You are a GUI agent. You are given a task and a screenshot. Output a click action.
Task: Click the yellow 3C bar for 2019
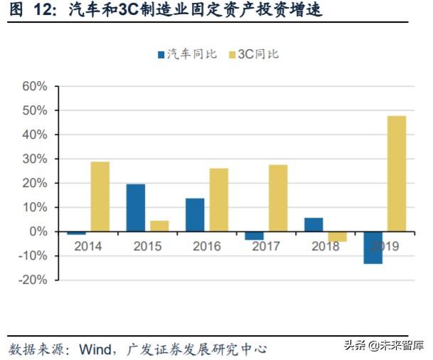tap(396, 174)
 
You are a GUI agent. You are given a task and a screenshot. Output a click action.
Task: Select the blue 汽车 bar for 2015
tap(135, 208)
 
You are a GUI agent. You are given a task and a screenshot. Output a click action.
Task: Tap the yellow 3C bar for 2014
tap(100, 196)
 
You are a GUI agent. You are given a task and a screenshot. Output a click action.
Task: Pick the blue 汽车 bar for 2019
tap(373, 248)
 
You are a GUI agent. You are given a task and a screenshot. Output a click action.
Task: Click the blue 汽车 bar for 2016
tap(195, 215)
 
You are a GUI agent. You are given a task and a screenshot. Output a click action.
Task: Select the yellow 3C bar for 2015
tap(159, 226)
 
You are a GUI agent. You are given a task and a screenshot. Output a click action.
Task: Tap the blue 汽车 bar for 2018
tap(314, 225)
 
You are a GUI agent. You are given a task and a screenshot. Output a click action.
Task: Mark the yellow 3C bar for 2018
tap(337, 236)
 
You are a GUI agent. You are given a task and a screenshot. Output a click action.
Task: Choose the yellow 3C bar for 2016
tap(218, 200)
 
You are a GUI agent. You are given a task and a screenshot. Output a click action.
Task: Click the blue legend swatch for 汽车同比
tap(161, 54)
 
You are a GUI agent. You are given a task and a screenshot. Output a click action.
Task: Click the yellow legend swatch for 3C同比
tap(232, 54)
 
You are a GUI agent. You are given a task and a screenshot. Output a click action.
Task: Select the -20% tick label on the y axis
tap(32, 280)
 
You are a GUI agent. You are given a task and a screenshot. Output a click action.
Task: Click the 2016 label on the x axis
tap(206, 247)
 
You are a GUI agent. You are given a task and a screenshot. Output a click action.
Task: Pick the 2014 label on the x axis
tap(88, 247)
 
